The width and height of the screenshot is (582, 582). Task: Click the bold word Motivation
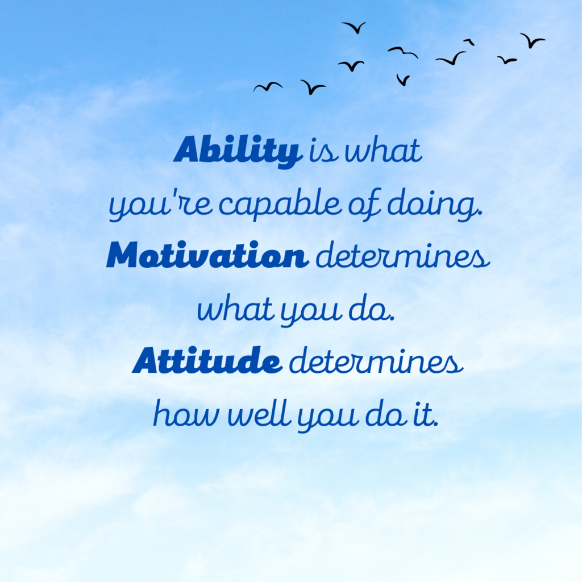[207, 255]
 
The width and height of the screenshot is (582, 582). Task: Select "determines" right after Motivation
[403, 255]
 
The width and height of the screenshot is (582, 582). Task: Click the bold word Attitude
[207, 360]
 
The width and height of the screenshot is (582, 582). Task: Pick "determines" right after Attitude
[376, 360]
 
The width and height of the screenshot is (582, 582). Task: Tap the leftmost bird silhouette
[268, 87]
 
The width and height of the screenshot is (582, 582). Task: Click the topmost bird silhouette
[355, 28]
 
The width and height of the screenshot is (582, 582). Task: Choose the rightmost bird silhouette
[532, 40]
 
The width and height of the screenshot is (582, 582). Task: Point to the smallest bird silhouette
[469, 41]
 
